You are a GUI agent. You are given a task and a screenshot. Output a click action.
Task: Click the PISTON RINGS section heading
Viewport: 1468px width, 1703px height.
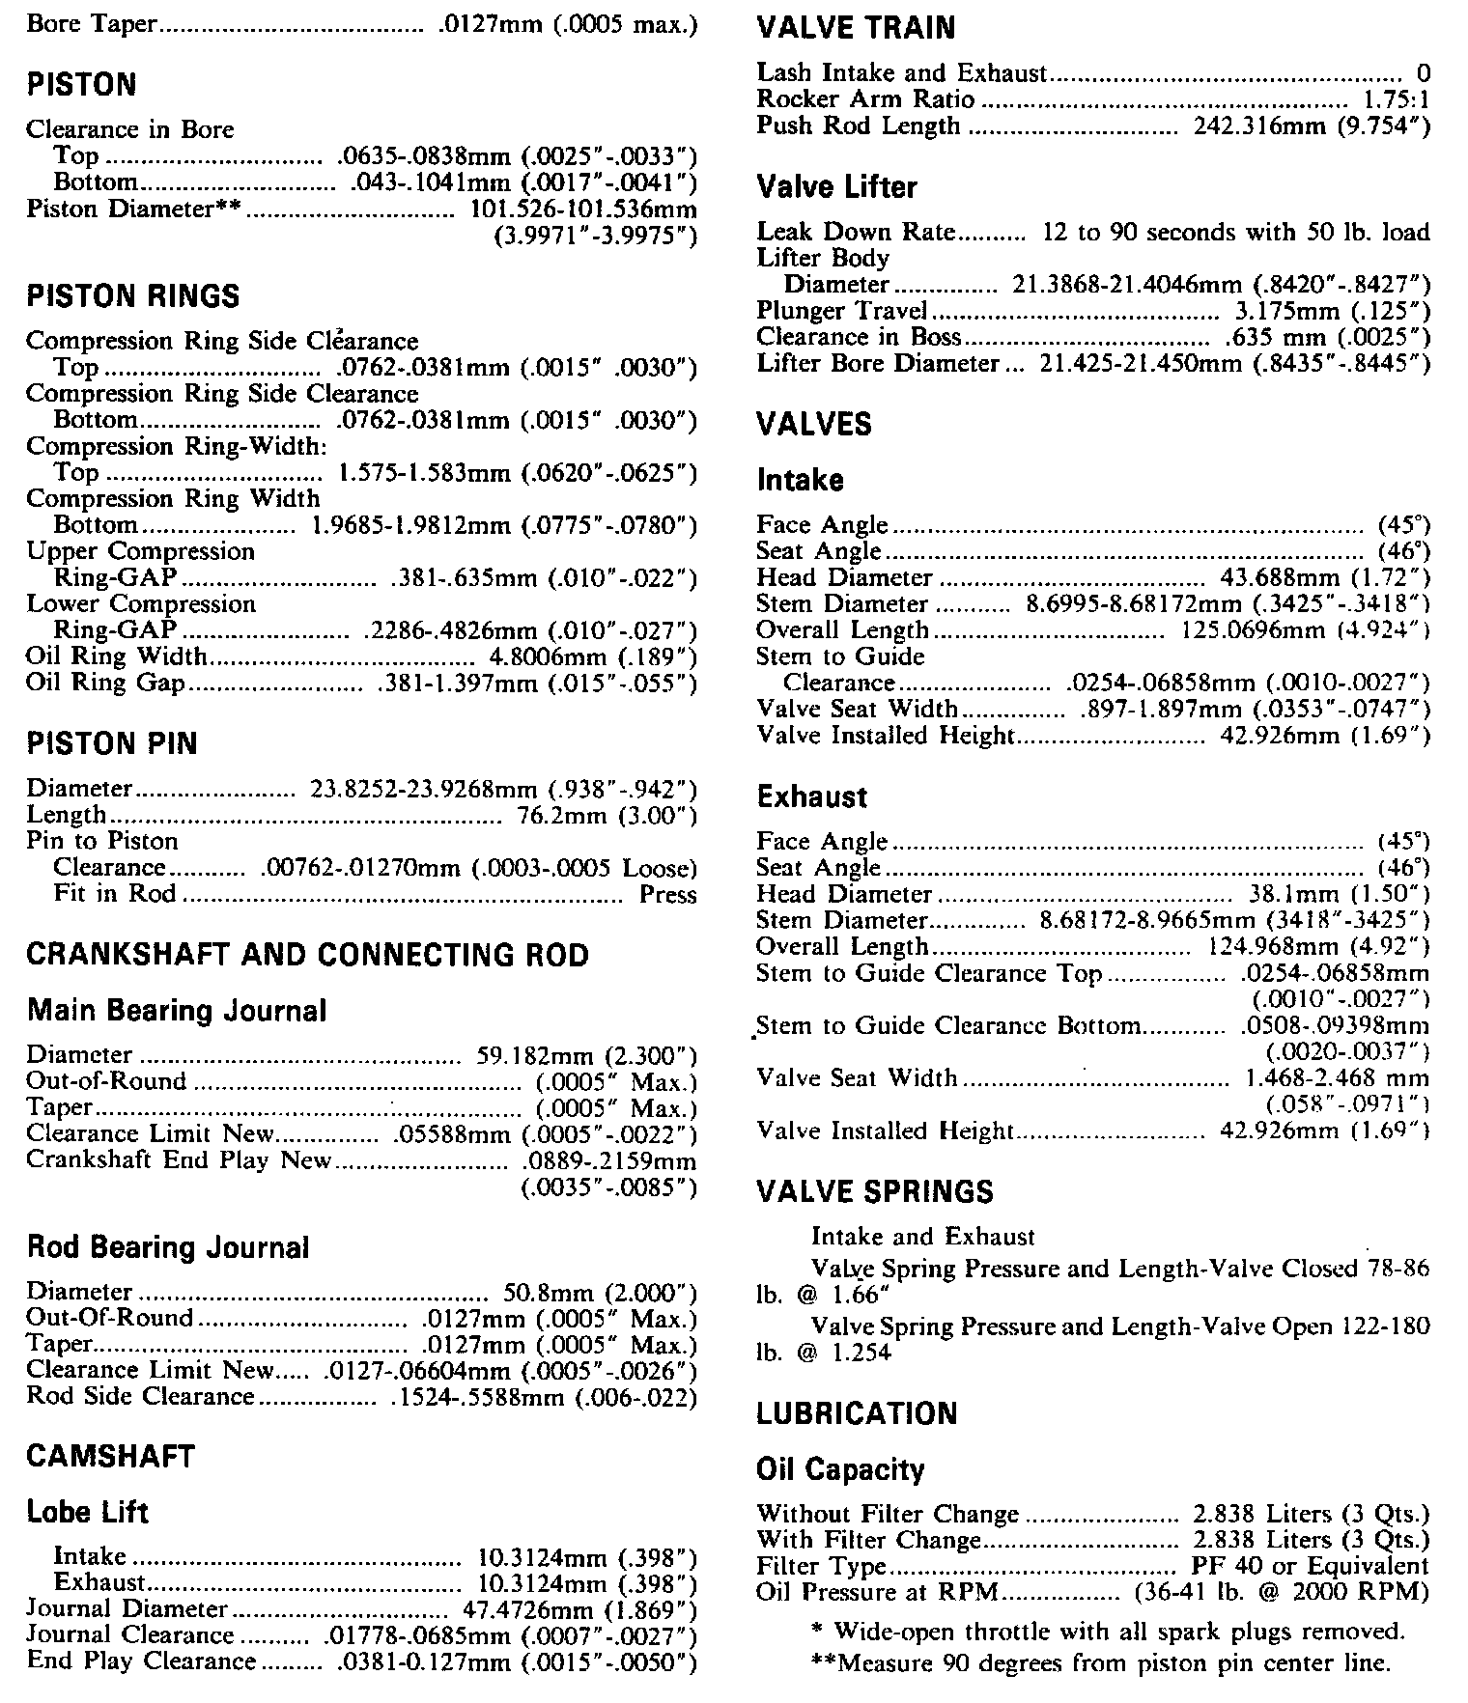[x=133, y=295]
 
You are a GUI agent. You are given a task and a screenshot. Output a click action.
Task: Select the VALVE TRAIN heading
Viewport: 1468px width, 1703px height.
[x=856, y=28]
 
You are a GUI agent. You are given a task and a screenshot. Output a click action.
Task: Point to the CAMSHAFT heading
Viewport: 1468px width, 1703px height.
[x=110, y=1456]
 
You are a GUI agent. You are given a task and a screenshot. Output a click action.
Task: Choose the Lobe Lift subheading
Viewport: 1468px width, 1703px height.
[x=88, y=1512]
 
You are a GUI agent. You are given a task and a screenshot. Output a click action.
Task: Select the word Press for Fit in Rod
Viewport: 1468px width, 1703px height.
[x=667, y=895]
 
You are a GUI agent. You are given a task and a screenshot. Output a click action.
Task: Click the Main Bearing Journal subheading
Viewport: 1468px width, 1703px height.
[x=177, y=1011]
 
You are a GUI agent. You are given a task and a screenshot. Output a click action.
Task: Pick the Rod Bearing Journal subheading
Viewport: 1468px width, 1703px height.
[x=168, y=1247]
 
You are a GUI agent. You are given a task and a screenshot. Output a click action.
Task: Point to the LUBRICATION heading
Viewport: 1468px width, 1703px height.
[x=857, y=1413]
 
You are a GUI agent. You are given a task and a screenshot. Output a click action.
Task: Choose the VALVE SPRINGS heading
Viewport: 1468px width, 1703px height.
[x=875, y=1191]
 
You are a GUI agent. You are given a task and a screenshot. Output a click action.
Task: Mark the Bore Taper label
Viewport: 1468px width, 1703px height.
[x=91, y=23]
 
